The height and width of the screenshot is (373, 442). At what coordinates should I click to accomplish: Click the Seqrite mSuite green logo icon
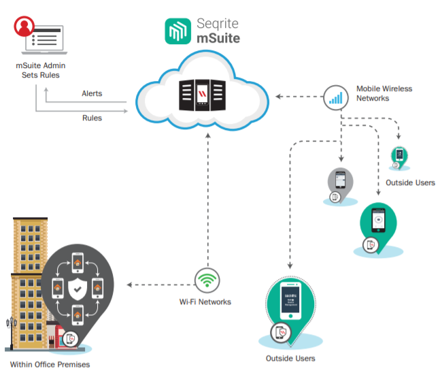[178, 31]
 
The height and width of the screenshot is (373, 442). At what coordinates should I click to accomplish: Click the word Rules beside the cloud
[92, 118]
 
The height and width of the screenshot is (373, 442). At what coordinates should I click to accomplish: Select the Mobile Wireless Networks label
[384, 93]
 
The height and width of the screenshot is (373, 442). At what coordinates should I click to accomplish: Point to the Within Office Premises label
[50, 364]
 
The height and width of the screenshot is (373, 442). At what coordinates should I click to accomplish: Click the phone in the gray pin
[340, 180]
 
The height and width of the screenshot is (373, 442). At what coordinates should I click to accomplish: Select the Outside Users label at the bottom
[291, 359]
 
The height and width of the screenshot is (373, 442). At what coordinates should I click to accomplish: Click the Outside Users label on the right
[410, 182]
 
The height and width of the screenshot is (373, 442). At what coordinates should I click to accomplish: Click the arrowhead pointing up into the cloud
[208, 135]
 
